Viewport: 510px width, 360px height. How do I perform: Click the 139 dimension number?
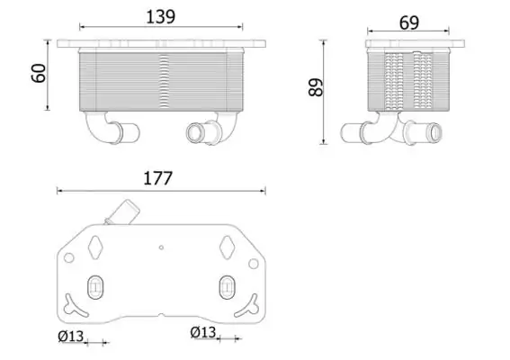(x=161, y=17)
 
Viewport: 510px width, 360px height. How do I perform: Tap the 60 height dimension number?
(x=39, y=73)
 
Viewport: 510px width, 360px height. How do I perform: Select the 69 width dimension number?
(x=409, y=22)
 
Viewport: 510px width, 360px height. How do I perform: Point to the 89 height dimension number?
(x=316, y=87)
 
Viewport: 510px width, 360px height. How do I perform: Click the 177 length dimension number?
(x=157, y=178)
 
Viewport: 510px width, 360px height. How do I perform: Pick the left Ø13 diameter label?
(x=71, y=337)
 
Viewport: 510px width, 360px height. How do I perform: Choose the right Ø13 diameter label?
(x=203, y=332)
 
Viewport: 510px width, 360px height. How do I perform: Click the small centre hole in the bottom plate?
(x=161, y=247)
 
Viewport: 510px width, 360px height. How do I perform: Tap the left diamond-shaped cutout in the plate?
(x=95, y=247)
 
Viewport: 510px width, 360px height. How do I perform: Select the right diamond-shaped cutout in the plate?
(x=227, y=247)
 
